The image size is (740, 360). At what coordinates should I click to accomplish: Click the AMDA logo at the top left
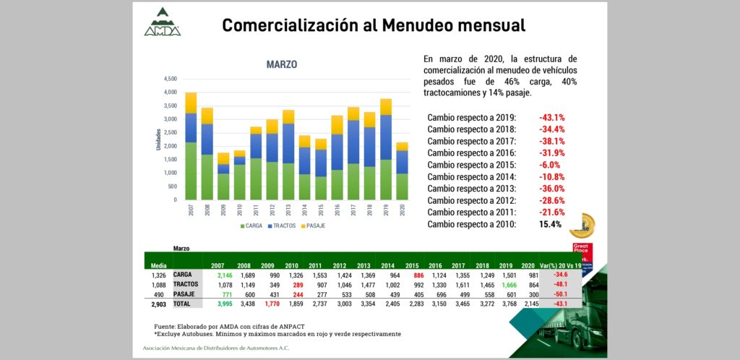coord(162,22)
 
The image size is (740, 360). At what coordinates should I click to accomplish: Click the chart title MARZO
coord(281,64)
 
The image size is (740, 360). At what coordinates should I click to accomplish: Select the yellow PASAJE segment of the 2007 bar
coord(191,103)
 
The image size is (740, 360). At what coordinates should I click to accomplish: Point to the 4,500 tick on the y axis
coord(170,79)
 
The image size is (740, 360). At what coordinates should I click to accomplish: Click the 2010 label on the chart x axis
coord(240,210)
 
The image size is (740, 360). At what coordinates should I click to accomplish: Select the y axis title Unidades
coord(159,139)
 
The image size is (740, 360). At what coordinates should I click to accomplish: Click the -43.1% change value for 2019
coord(551,117)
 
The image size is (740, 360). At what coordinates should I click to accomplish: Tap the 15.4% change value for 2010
coord(550,224)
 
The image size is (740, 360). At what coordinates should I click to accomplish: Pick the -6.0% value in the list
coord(551,165)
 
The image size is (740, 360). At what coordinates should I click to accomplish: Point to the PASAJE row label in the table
coord(184,295)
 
